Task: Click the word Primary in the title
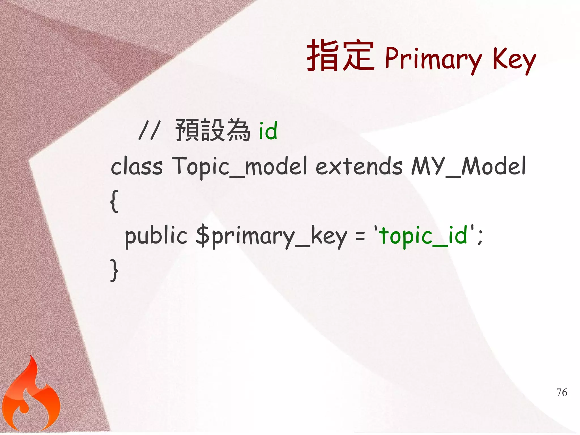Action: pyautogui.click(x=433, y=59)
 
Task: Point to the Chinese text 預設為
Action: pyautogui.click(x=212, y=130)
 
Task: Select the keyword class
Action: pyautogui.click(x=137, y=167)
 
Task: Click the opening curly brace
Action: pyautogui.click(x=114, y=201)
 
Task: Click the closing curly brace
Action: pyautogui.click(x=114, y=270)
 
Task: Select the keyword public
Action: pyautogui.click(x=156, y=236)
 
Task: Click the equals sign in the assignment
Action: pyautogui.click(x=360, y=236)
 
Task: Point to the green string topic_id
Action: pyautogui.click(x=423, y=236)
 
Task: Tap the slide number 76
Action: pyautogui.click(x=562, y=393)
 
